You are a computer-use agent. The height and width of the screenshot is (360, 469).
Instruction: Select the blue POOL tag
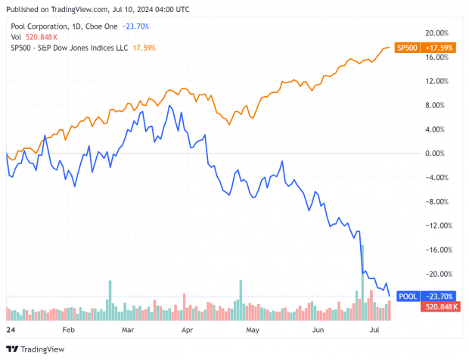click(x=406, y=296)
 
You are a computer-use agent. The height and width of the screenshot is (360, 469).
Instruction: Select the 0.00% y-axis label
click(x=434, y=154)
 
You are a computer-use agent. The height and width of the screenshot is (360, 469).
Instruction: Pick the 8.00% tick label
click(x=434, y=105)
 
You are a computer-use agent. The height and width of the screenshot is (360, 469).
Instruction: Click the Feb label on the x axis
click(x=69, y=331)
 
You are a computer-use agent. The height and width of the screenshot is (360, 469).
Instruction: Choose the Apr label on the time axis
click(x=187, y=331)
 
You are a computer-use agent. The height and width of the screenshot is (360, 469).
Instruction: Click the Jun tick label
click(x=318, y=331)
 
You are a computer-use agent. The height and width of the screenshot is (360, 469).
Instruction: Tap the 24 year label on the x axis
click(x=10, y=331)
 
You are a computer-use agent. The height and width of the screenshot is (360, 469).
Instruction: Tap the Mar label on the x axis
click(x=127, y=331)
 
